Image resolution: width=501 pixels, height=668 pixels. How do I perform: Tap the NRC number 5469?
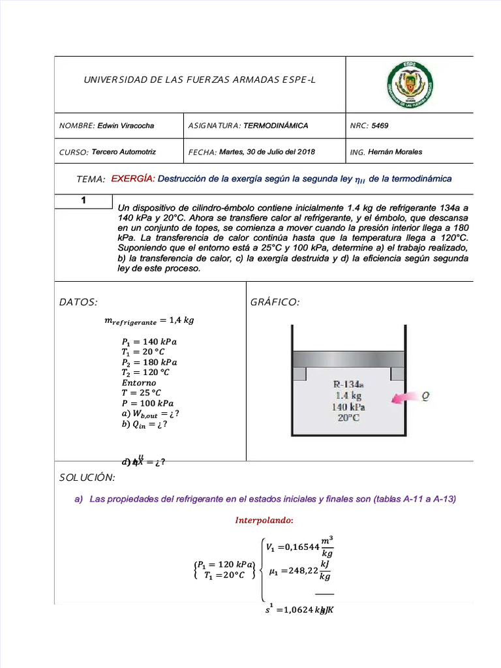tap(380, 125)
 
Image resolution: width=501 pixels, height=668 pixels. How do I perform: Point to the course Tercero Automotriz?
tap(124, 151)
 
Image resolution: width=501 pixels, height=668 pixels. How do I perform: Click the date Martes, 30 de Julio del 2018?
tap(267, 151)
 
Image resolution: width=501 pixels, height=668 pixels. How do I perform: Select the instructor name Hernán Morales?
tap(395, 152)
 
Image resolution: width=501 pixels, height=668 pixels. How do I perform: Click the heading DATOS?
tap(78, 302)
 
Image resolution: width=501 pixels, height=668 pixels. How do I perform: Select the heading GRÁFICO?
tap(275, 302)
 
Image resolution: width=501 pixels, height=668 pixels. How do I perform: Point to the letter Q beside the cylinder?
tap(425, 395)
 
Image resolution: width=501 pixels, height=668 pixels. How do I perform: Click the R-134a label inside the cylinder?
tap(348, 384)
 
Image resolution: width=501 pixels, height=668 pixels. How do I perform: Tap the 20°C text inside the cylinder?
tap(348, 418)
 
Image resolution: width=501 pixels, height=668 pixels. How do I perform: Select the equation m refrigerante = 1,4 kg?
tap(149, 320)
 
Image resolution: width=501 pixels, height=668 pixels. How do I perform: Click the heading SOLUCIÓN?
tap(87, 479)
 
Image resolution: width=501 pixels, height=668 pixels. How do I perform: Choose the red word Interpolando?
tap(264, 521)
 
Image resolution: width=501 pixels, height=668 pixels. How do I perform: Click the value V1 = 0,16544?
tap(293, 548)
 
